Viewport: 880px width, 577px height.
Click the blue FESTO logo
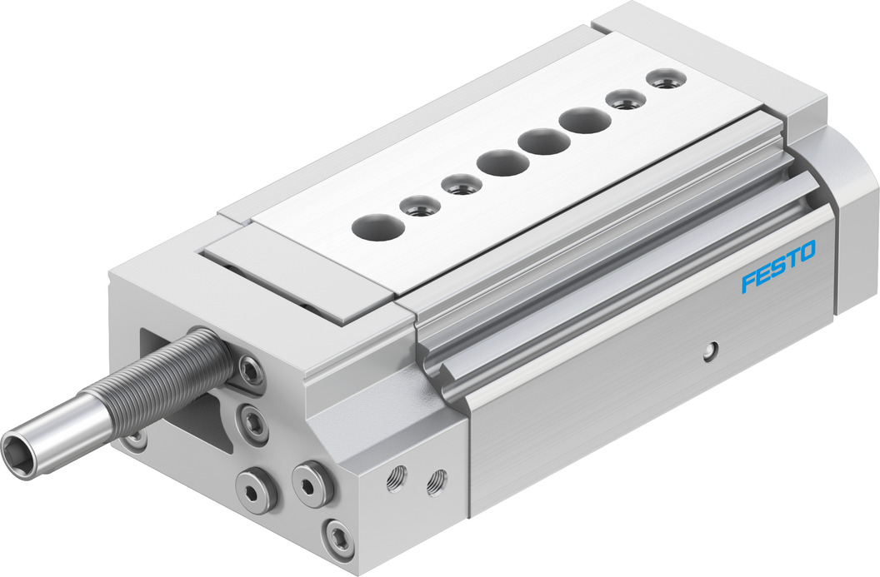tap(778, 266)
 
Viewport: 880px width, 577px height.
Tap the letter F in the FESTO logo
tap(748, 282)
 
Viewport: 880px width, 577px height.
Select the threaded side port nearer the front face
tap(396, 480)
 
